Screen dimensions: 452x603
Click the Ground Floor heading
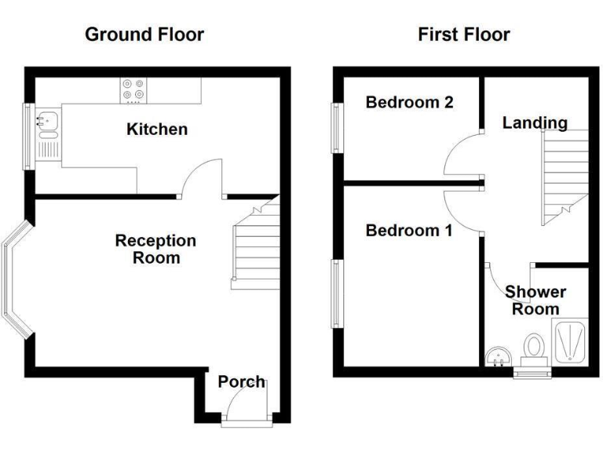pos(144,35)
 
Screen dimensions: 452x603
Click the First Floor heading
pos(463,35)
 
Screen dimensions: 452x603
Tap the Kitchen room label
pos(157,129)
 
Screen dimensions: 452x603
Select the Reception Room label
pos(155,249)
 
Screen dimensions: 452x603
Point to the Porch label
pos(241,382)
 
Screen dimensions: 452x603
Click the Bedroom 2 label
pos(409,102)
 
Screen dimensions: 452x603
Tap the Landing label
pos(535,122)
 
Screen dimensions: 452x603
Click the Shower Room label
pos(535,300)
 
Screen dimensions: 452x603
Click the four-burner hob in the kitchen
pos(132,90)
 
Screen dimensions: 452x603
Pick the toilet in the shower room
pos(535,348)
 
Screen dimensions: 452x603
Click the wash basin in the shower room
pos(498,357)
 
